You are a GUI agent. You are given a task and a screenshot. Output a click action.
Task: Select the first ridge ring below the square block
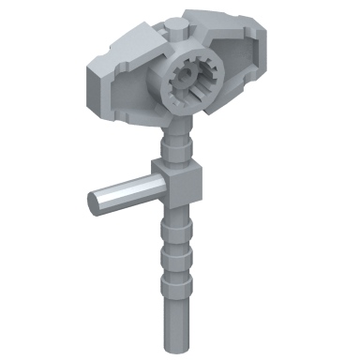coord(179,226)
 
